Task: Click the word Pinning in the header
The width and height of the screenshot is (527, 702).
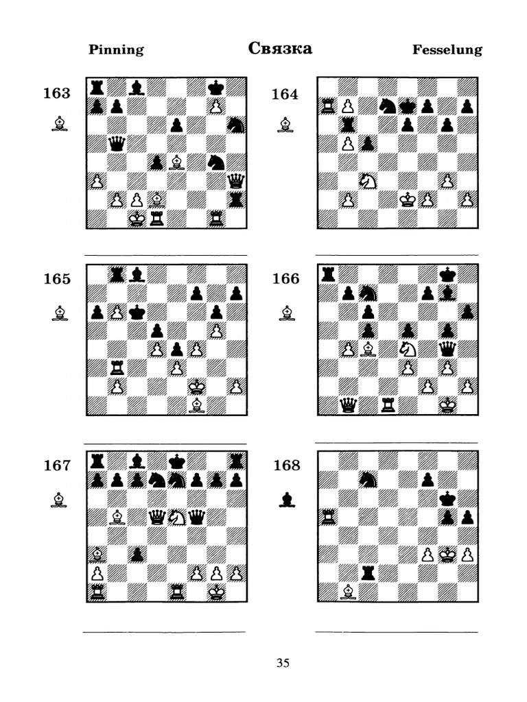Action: [116, 49]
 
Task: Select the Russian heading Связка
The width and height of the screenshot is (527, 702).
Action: [280, 49]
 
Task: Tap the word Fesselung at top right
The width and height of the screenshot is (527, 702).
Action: [447, 49]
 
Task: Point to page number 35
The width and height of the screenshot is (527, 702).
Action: [283, 663]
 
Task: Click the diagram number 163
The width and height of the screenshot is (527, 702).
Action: [57, 93]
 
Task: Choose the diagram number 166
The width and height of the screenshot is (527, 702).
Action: [286, 278]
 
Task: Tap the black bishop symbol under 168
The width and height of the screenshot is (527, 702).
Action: [287, 500]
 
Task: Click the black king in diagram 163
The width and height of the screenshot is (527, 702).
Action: [217, 87]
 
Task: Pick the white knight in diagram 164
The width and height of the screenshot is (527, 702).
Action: [368, 181]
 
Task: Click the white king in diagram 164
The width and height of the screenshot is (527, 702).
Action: [408, 200]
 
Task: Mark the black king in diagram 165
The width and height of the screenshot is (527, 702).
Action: [137, 312]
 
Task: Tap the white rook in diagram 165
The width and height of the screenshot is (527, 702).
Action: [117, 368]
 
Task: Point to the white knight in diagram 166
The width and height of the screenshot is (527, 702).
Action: [408, 349]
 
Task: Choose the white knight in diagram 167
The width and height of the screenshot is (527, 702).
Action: [176, 518]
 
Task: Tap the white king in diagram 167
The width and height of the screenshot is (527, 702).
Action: [217, 592]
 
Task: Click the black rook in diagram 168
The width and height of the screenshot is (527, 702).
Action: [368, 574]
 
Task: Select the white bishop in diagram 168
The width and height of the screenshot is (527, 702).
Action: [348, 592]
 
